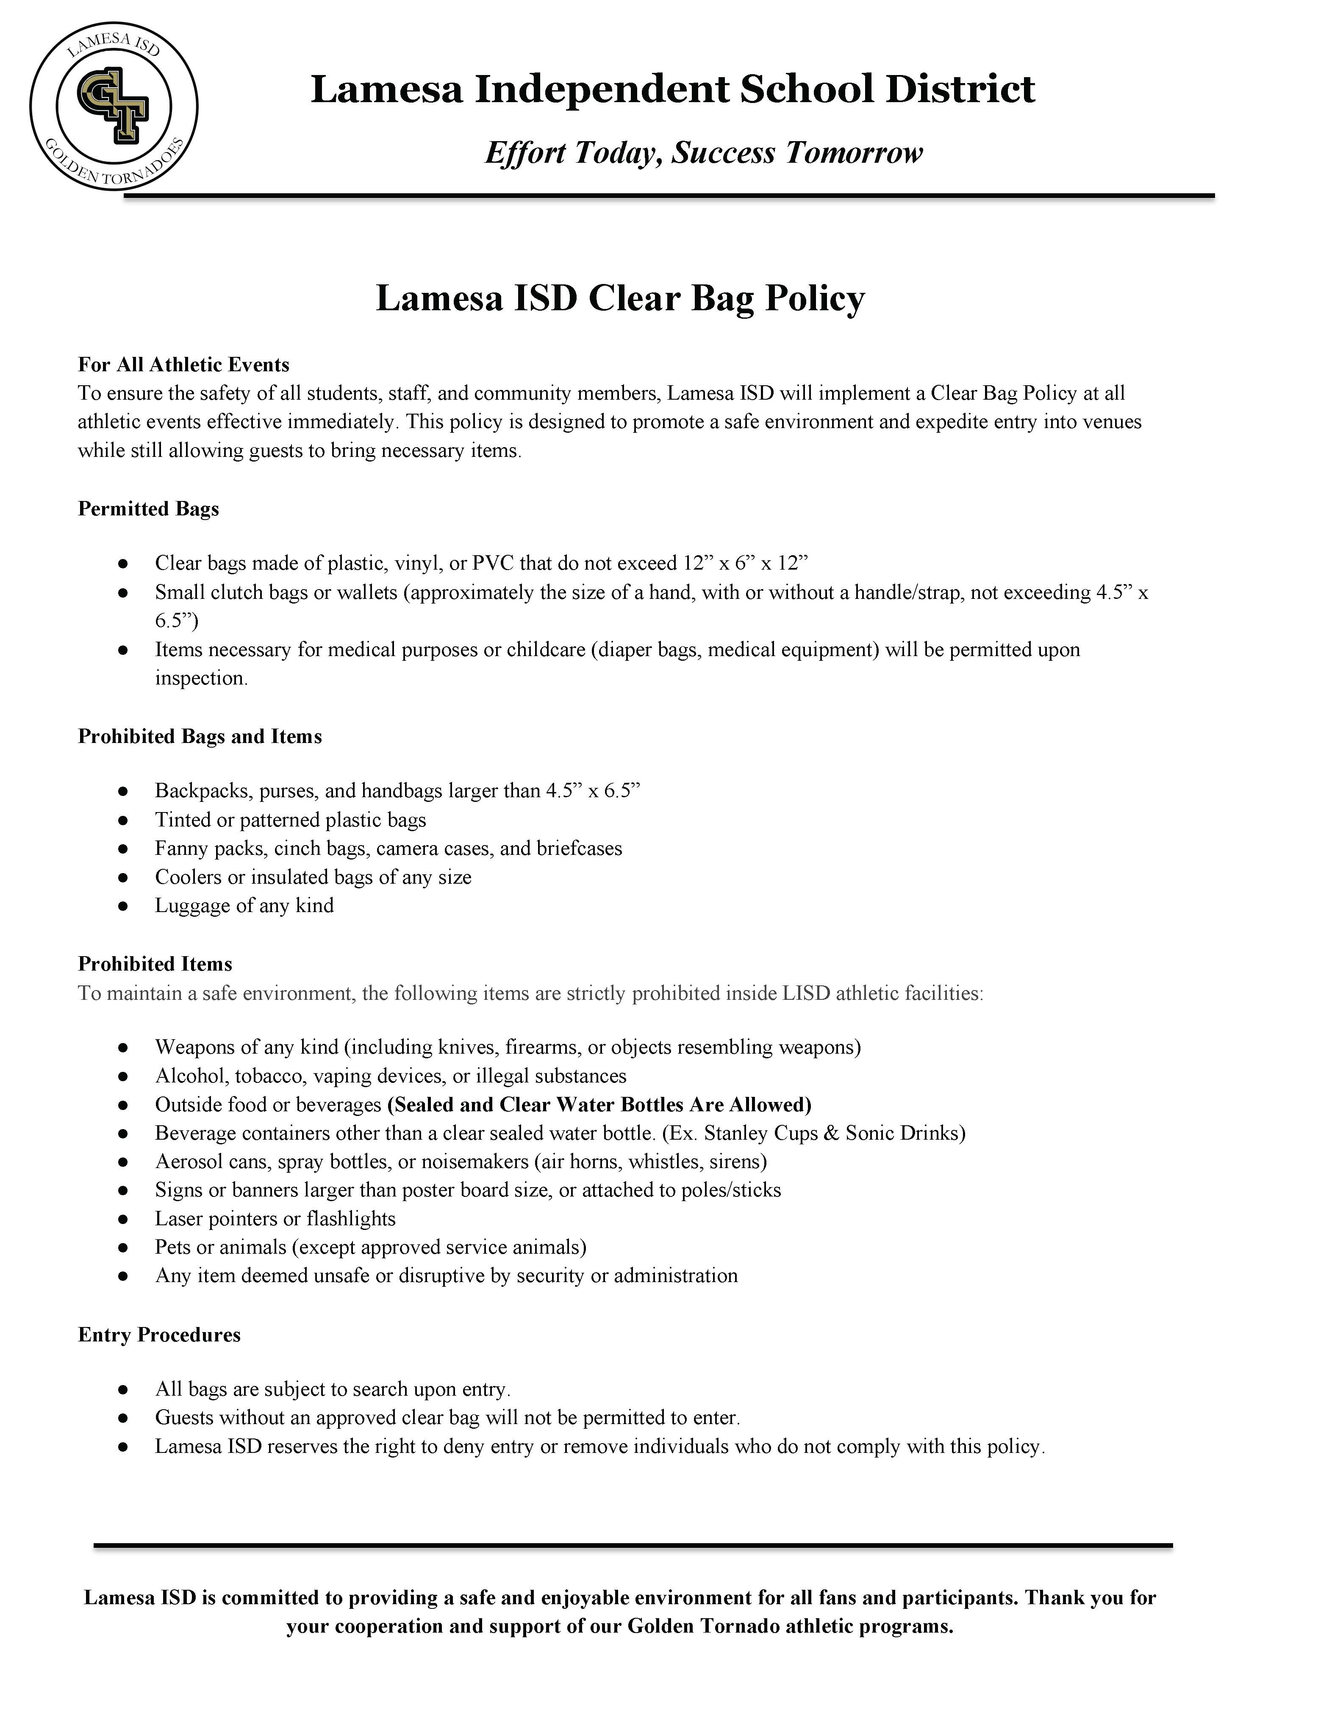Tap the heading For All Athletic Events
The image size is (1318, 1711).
pos(183,364)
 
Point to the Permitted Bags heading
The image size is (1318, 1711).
pos(148,509)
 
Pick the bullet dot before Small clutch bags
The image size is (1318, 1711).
pos(123,593)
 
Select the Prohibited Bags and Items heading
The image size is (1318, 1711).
pos(200,737)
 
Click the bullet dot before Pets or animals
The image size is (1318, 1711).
pos(123,1248)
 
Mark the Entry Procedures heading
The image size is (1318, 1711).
pos(159,1335)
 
